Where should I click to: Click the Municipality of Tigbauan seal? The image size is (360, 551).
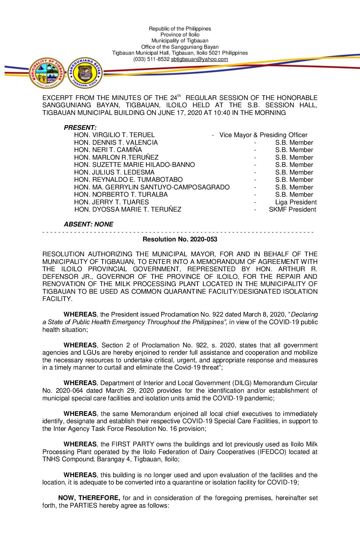click(47, 73)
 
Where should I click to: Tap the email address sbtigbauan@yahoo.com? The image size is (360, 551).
click(199, 59)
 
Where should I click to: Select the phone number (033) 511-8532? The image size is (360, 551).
click(151, 59)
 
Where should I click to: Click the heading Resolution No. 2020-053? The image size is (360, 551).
click(180, 239)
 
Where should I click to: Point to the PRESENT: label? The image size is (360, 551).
click(80, 127)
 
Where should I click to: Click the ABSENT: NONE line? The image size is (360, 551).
click(88, 224)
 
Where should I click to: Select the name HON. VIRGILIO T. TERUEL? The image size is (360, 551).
click(114, 135)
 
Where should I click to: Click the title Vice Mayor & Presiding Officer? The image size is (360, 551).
click(263, 135)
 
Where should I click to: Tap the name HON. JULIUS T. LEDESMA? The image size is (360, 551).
click(114, 172)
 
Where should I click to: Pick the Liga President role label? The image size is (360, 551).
click(296, 202)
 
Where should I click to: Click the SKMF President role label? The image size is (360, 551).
click(292, 210)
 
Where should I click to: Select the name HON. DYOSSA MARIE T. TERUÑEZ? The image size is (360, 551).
click(128, 210)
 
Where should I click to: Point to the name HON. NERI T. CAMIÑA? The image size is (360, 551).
click(108, 150)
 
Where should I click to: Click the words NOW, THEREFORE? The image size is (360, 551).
click(89, 498)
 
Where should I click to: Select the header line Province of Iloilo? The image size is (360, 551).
click(180, 35)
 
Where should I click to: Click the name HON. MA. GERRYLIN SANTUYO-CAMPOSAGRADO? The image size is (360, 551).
click(152, 187)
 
